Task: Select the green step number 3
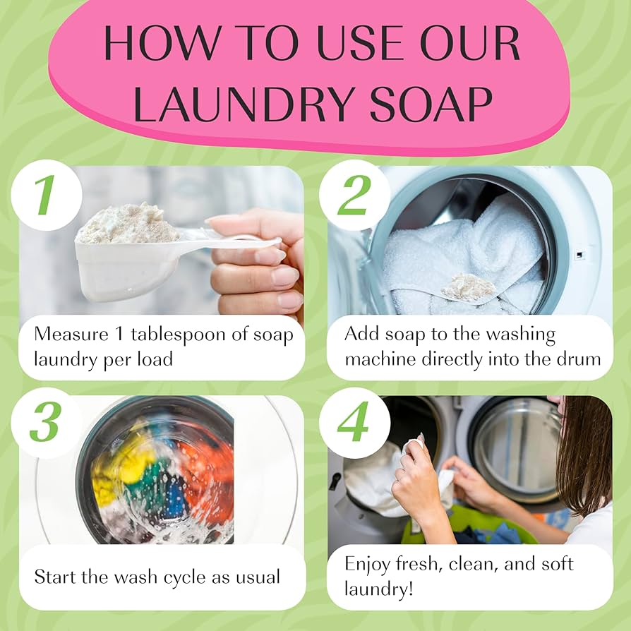(44, 423)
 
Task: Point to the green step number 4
(352, 423)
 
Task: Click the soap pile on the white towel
(468, 287)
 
